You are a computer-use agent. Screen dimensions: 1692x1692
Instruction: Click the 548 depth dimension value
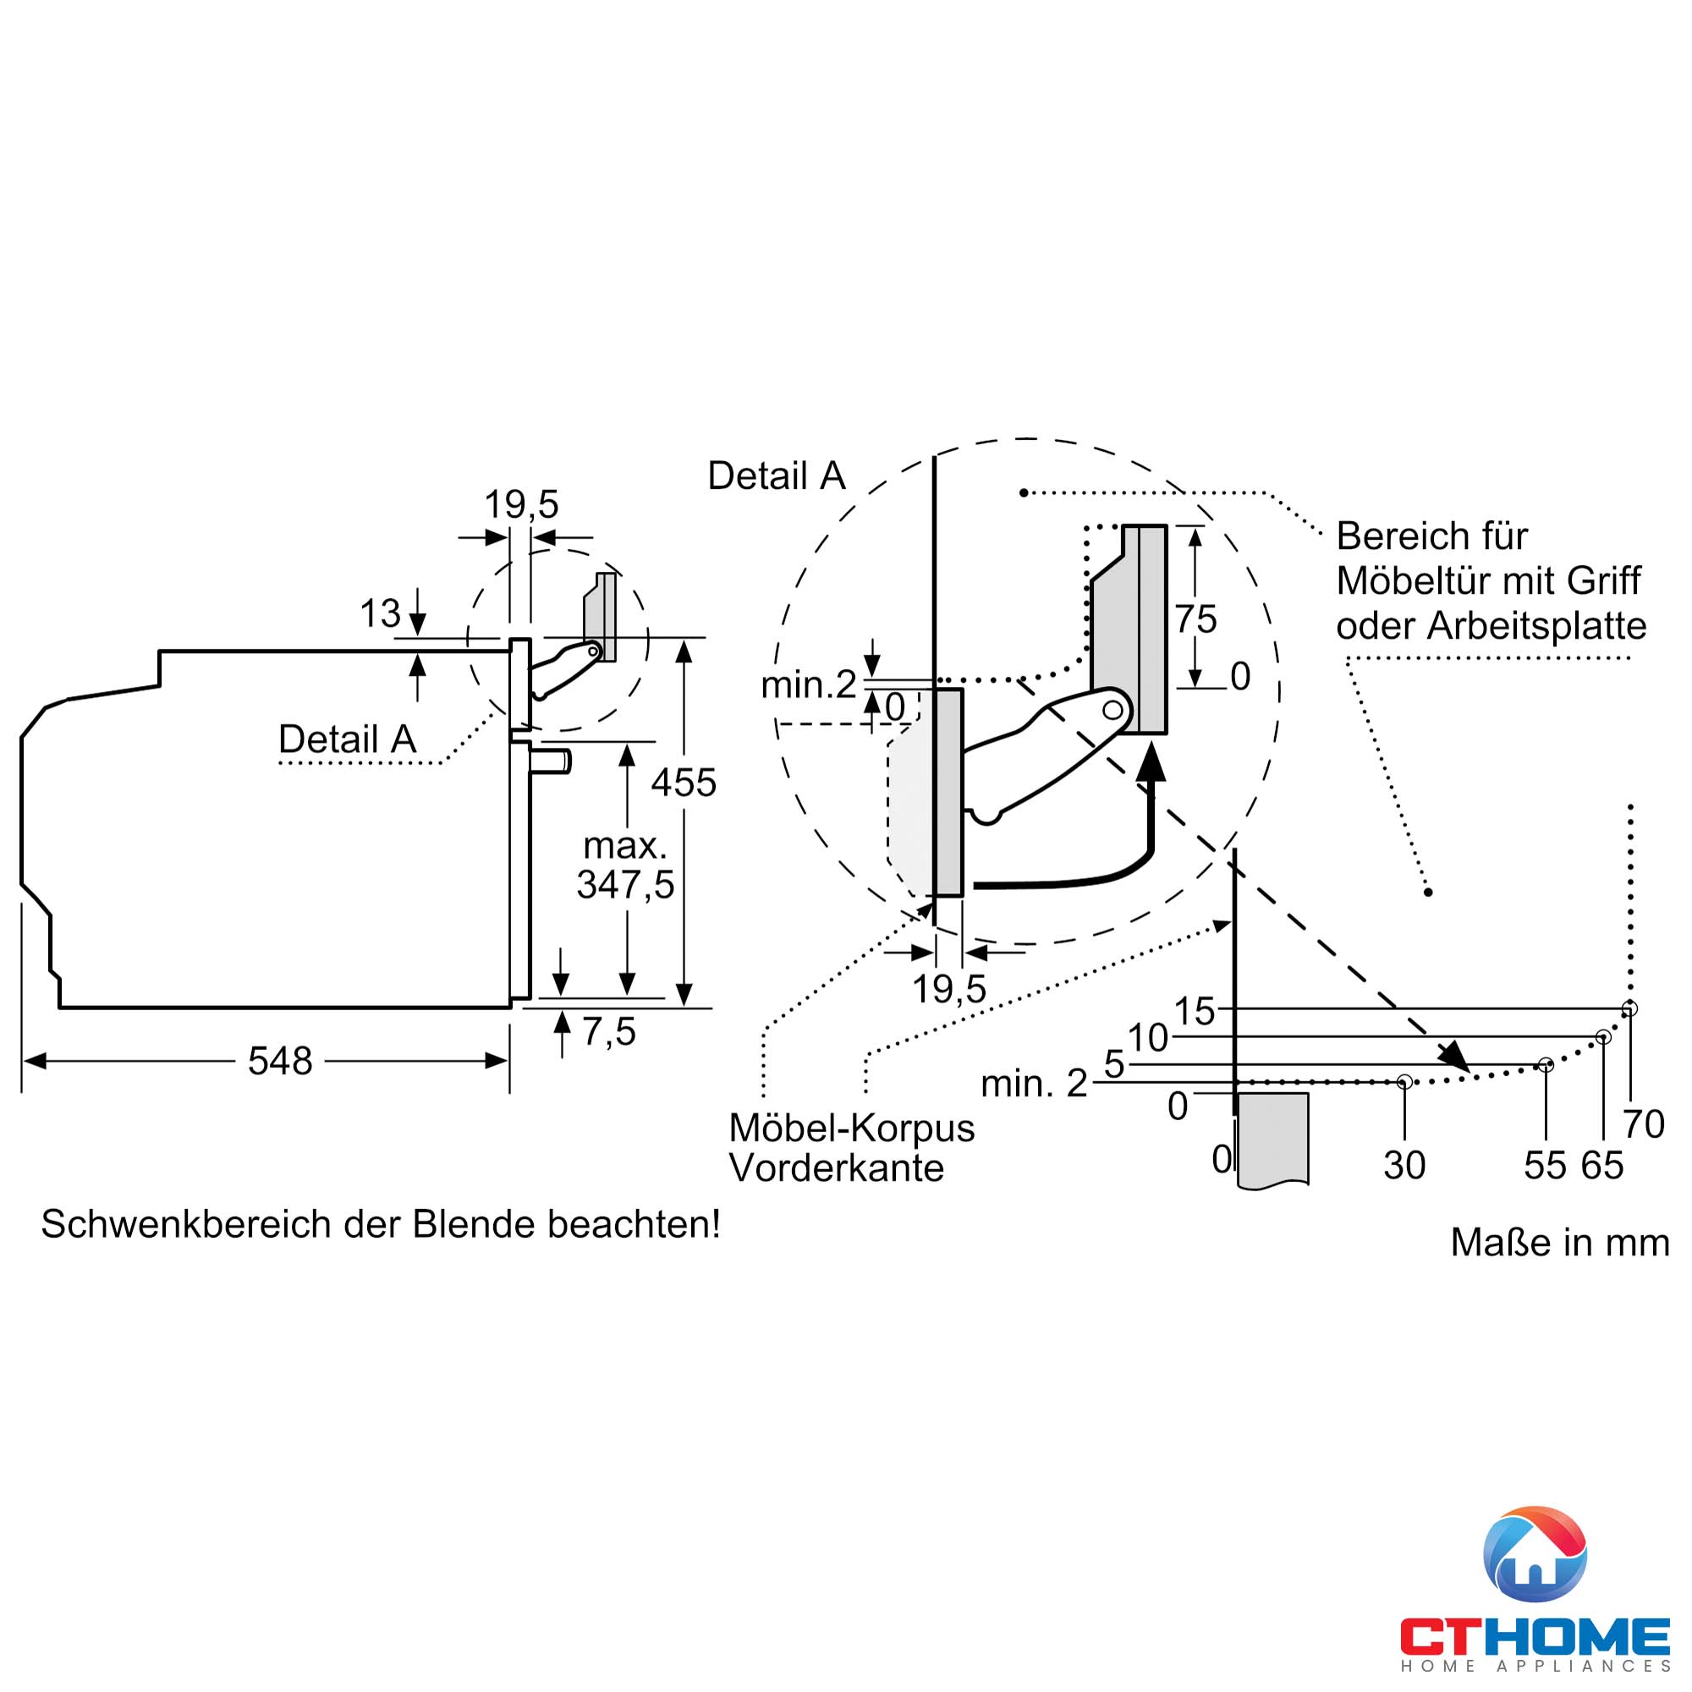[x=279, y=1062]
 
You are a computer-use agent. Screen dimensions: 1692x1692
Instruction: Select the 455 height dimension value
[x=683, y=783]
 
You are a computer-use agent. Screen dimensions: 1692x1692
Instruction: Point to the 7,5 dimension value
[x=608, y=1031]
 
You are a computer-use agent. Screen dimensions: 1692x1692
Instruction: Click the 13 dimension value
[x=380, y=614]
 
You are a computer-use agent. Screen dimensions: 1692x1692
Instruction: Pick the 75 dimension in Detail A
[x=1195, y=620]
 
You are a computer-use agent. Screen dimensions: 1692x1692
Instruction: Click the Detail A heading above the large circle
[x=776, y=476]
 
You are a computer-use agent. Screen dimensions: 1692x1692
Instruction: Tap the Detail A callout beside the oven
[x=347, y=739]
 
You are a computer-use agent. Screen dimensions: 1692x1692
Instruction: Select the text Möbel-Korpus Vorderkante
[x=850, y=1147]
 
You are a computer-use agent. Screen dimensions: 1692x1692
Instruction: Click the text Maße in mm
[x=1559, y=1243]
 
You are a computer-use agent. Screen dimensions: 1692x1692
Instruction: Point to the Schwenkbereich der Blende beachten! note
[x=380, y=1224]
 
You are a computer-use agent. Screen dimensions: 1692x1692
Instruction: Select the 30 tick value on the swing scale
[x=1404, y=1166]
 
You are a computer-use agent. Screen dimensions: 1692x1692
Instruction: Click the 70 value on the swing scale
[x=1643, y=1124]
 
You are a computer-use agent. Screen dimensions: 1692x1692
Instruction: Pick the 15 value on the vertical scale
[x=1194, y=1012]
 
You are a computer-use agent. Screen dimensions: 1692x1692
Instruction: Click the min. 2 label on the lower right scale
[x=1034, y=1085]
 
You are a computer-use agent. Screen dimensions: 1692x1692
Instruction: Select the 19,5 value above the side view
[x=521, y=504]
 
